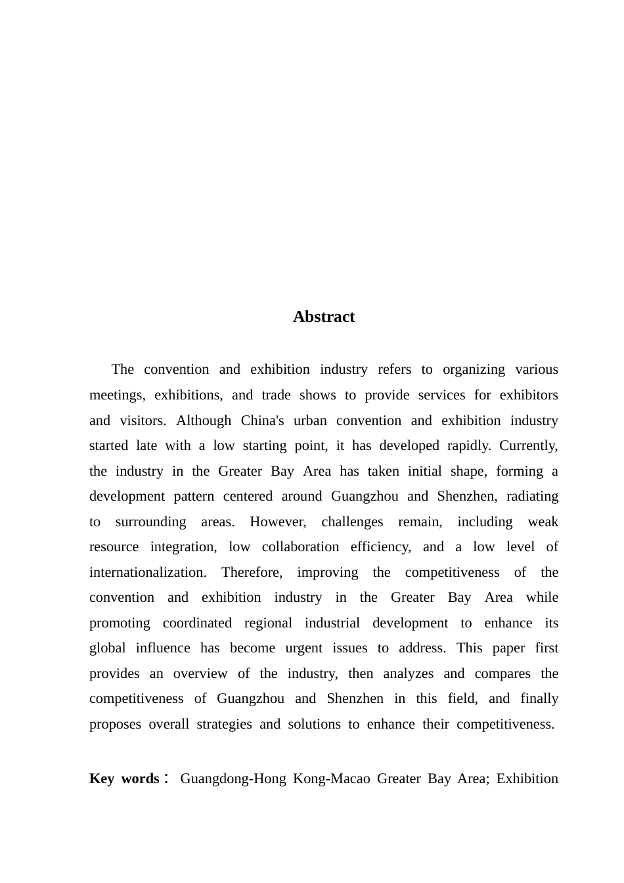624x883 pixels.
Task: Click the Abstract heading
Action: coord(324,317)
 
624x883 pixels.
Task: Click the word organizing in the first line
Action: coord(474,369)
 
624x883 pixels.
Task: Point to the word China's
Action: coord(262,420)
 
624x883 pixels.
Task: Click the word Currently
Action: coord(528,445)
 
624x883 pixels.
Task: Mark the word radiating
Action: coord(532,496)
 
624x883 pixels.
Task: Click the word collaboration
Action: coord(300,547)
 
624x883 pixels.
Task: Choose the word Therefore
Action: coord(252,572)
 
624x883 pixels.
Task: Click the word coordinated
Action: coord(197,623)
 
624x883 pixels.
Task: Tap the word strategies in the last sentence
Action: coord(224,724)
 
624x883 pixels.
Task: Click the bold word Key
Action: coord(102,779)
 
